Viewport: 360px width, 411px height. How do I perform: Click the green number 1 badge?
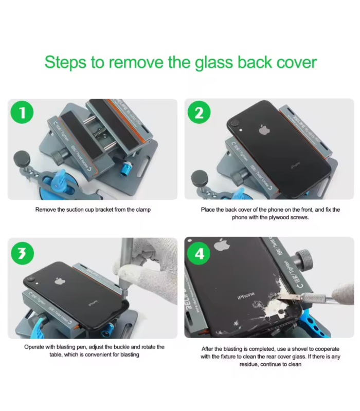(22, 113)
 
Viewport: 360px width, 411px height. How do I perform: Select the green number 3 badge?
(22, 253)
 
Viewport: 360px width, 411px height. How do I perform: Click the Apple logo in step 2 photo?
(264, 129)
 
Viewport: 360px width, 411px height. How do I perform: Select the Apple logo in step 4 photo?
(222, 245)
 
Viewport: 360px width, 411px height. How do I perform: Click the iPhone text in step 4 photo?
(245, 296)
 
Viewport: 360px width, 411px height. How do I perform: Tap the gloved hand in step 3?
(149, 262)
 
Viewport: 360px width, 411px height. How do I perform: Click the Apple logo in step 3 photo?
(59, 281)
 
